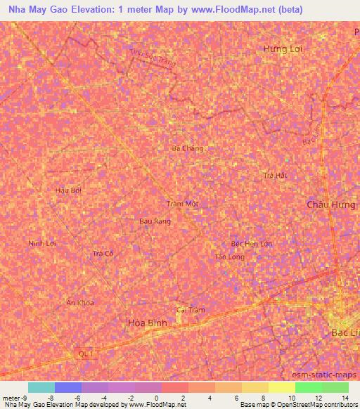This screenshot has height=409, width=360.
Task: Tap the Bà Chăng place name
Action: click(x=188, y=148)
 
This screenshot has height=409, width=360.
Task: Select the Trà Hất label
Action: click(x=274, y=175)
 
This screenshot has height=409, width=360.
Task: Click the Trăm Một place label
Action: click(x=183, y=204)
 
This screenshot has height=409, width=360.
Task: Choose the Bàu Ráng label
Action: click(x=155, y=221)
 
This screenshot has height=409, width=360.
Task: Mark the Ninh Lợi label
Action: click(x=41, y=243)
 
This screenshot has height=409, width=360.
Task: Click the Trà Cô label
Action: click(x=103, y=253)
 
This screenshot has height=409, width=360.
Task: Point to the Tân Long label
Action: click(x=229, y=257)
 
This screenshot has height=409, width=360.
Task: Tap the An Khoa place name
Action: click(x=79, y=303)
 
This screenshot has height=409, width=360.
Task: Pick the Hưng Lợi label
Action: click(x=281, y=48)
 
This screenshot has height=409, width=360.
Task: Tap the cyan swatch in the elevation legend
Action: click(x=41, y=387)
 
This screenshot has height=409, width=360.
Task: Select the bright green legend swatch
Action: click(x=309, y=387)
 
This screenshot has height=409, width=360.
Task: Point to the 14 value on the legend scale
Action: click(x=345, y=397)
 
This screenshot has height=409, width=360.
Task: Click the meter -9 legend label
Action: click(x=15, y=397)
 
